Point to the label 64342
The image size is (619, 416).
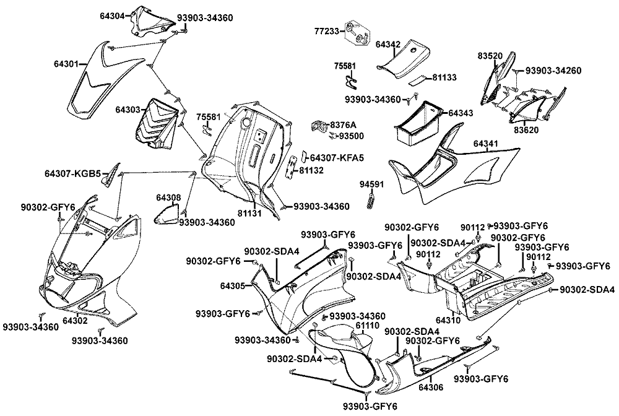pos(388,45)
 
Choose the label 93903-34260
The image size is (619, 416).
pos(554,71)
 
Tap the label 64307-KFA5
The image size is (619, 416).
pos(336,158)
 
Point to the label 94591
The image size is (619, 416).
pos(371,185)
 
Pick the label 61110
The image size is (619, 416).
pos(368,326)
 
